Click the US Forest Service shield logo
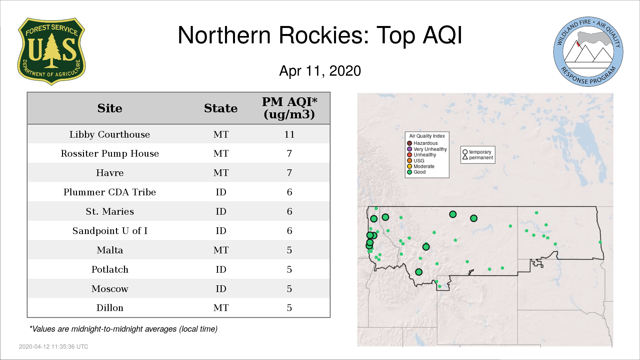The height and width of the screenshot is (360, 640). (x=51, y=51)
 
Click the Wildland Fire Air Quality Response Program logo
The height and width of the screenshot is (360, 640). (x=588, y=52)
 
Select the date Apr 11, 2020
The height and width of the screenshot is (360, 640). (x=320, y=71)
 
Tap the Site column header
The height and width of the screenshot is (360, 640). (x=110, y=108)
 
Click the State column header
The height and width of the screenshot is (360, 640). (x=221, y=108)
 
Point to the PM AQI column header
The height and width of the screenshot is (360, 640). (x=289, y=108)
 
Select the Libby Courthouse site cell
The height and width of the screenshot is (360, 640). (x=110, y=134)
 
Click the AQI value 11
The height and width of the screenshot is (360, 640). (x=289, y=134)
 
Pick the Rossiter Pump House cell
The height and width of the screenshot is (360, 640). (x=110, y=154)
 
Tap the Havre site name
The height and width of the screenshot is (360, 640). (x=110, y=173)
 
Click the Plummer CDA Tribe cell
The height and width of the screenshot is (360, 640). (x=110, y=192)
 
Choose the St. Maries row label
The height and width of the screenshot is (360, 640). (x=110, y=211)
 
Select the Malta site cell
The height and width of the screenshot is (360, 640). (x=110, y=250)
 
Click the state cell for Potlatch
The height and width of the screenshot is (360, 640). (x=221, y=269)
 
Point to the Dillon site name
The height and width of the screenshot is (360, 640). (x=110, y=308)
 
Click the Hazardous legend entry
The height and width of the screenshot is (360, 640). (x=422, y=143)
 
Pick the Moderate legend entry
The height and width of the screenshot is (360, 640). (x=421, y=166)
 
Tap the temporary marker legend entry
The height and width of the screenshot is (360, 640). (x=477, y=152)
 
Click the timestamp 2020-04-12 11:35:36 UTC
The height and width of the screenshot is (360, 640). (x=54, y=347)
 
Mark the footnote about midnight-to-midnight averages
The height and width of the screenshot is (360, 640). (x=123, y=329)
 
